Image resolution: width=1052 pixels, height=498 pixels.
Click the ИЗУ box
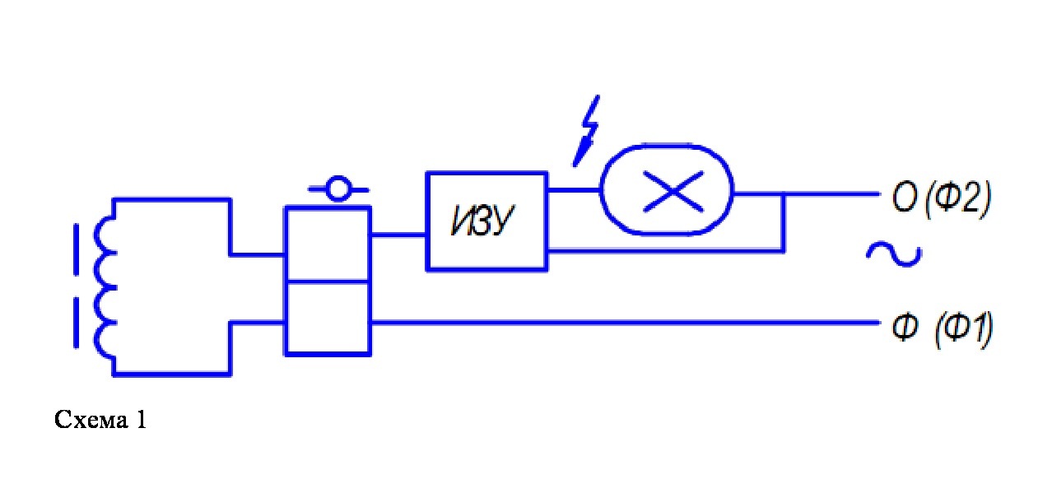[486, 221]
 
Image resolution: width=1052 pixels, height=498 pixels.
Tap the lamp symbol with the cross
[667, 190]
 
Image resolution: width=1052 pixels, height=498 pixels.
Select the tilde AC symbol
[894, 254]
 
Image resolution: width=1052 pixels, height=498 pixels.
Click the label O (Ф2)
[941, 198]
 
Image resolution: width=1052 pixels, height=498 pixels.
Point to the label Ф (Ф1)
[942, 329]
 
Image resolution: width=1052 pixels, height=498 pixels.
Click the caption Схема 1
[100, 419]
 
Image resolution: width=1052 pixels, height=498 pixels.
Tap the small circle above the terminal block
[338, 188]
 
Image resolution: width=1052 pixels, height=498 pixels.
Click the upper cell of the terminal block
[328, 244]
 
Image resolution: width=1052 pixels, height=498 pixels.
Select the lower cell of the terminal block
[328, 319]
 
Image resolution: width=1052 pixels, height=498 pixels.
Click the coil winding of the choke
[105, 287]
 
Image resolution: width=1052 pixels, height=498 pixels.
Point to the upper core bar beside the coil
[76, 249]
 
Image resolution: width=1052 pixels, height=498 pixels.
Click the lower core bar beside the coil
[76, 323]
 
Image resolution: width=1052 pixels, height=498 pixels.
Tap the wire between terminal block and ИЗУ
[398, 235]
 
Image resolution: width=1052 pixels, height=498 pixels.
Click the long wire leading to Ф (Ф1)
[625, 323]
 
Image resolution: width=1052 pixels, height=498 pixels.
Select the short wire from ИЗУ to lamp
[575, 190]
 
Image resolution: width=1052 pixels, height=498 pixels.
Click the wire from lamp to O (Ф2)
[806, 193]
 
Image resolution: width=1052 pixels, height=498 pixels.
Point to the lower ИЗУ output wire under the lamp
[666, 251]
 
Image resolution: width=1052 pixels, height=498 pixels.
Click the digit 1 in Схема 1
[142, 420]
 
